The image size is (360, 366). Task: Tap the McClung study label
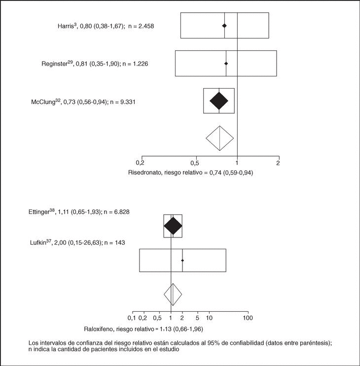83,101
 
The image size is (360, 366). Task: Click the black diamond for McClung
219,101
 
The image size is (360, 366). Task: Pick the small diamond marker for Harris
224,25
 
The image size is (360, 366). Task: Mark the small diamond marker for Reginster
226,63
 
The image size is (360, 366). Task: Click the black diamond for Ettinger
173,226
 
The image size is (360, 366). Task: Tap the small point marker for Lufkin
182,260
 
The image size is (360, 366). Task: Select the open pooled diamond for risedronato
219,139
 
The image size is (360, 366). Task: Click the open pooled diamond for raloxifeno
173,294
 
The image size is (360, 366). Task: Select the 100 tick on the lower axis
248,318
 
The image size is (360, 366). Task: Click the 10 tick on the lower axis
209,318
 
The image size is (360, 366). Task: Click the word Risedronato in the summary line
144,173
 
